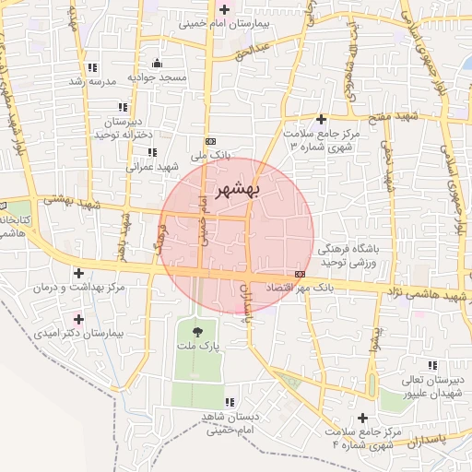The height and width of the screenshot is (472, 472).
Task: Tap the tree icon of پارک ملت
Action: click(x=197, y=329)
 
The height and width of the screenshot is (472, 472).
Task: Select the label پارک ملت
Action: click(x=197, y=347)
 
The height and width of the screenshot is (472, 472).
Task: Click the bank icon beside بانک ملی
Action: click(x=212, y=141)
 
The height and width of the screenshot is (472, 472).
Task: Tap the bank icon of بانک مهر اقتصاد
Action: click(x=300, y=275)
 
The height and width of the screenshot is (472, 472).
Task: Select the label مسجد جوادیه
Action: click(x=157, y=77)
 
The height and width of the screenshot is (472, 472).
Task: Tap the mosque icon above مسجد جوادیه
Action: click(x=157, y=64)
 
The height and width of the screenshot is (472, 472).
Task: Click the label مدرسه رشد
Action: click(x=91, y=82)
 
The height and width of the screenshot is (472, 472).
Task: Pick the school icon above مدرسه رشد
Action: click(x=92, y=68)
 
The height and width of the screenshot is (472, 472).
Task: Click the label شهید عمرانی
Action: click(x=154, y=167)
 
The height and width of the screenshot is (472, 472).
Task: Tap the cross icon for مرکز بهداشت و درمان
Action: click(x=78, y=274)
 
